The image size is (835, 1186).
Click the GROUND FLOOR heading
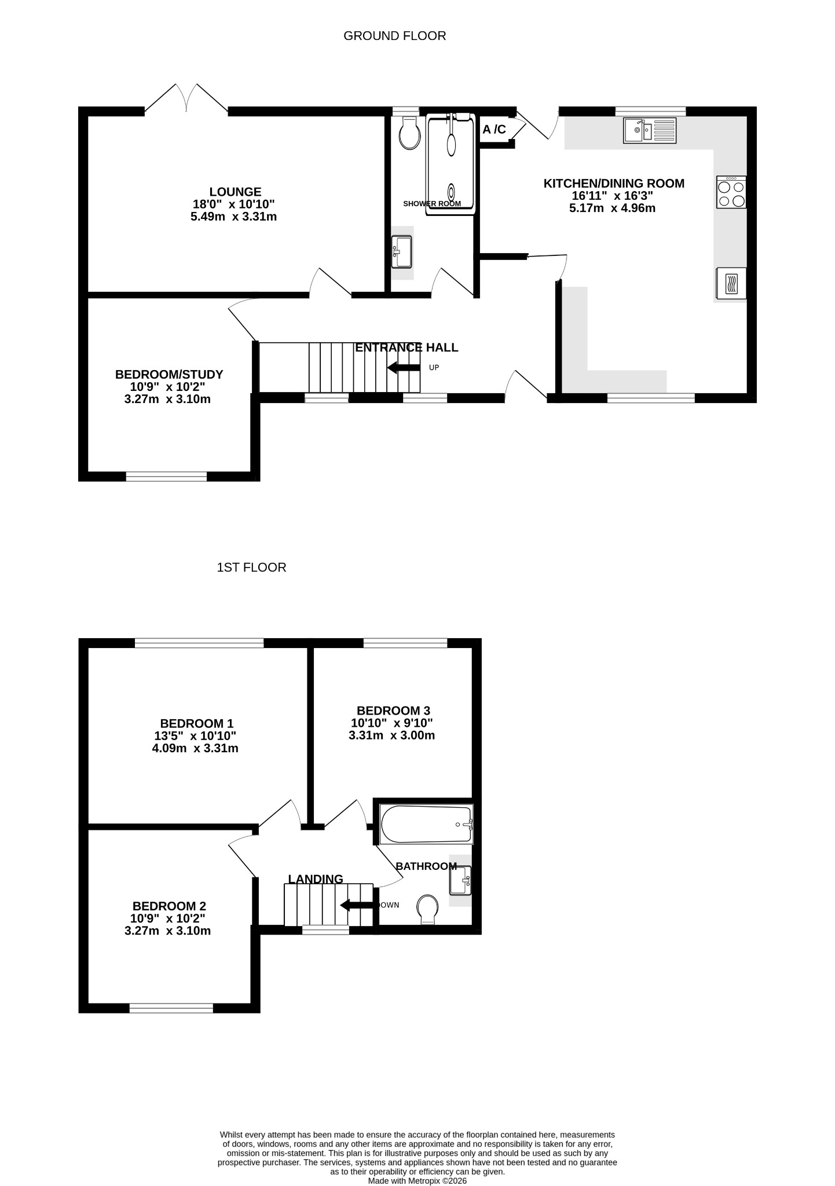pyautogui.click(x=395, y=36)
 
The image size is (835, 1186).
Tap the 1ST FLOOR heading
pyautogui.click(x=251, y=568)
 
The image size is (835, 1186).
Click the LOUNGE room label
pyautogui.click(x=235, y=192)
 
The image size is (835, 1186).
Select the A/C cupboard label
pyautogui.click(x=494, y=130)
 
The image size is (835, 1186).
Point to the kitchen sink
pyautogui.click(x=650, y=130)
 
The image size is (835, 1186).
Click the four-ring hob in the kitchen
pyautogui.click(x=731, y=192)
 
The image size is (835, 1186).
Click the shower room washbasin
pyautogui.click(x=401, y=252)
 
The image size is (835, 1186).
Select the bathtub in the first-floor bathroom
pyautogui.click(x=426, y=824)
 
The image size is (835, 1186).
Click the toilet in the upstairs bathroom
pyautogui.click(x=427, y=910)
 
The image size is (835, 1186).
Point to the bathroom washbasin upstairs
pyautogui.click(x=460, y=880)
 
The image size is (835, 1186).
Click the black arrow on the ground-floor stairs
pyautogui.click(x=404, y=367)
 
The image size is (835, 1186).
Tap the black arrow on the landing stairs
pyautogui.click(x=357, y=905)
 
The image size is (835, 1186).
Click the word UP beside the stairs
pyautogui.click(x=434, y=368)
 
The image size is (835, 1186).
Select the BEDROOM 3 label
pyautogui.click(x=393, y=711)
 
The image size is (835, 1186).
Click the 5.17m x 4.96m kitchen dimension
pyautogui.click(x=612, y=208)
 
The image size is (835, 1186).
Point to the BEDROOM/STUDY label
pyautogui.click(x=169, y=375)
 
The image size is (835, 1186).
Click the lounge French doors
pyautogui.click(x=186, y=97)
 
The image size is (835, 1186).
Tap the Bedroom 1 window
pyautogui.click(x=199, y=643)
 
